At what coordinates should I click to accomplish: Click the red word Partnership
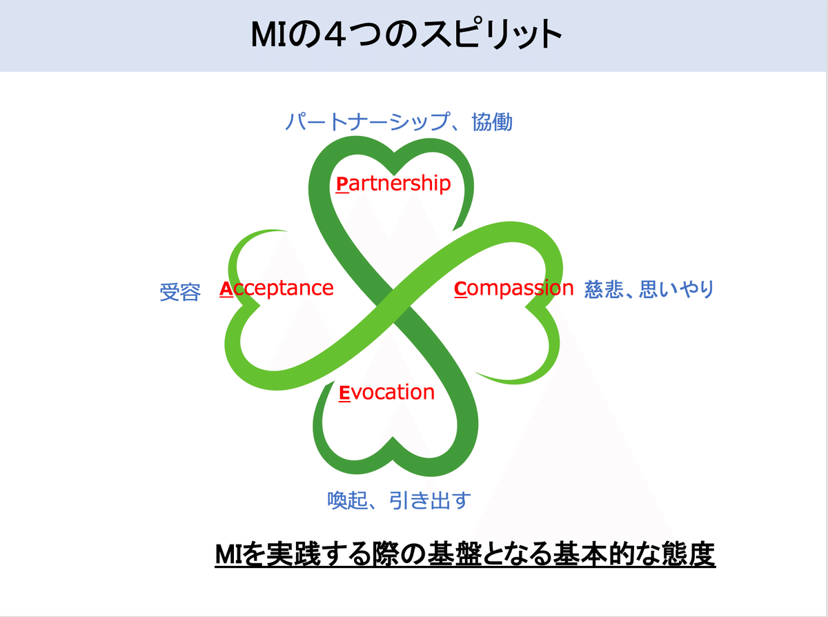pyautogui.click(x=393, y=184)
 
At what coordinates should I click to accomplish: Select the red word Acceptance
pyautogui.click(x=276, y=288)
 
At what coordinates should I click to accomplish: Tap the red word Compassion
pyautogui.click(x=513, y=289)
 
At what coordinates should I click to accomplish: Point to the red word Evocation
pyautogui.click(x=387, y=393)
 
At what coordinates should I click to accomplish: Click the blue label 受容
pyautogui.click(x=180, y=292)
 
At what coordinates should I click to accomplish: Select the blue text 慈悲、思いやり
pyautogui.click(x=649, y=289)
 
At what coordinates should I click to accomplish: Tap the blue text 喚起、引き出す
pyautogui.click(x=399, y=500)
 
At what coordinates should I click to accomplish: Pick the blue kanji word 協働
pyautogui.click(x=492, y=121)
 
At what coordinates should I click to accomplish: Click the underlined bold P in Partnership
pyautogui.click(x=342, y=184)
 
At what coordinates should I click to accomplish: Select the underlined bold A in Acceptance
pyautogui.click(x=226, y=289)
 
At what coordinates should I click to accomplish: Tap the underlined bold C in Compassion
pyautogui.click(x=460, y=289)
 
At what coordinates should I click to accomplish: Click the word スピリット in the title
pyautogui.click(x=492, y=35)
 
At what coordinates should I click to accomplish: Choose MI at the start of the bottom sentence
pyautogui.click(x=228, y=555)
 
